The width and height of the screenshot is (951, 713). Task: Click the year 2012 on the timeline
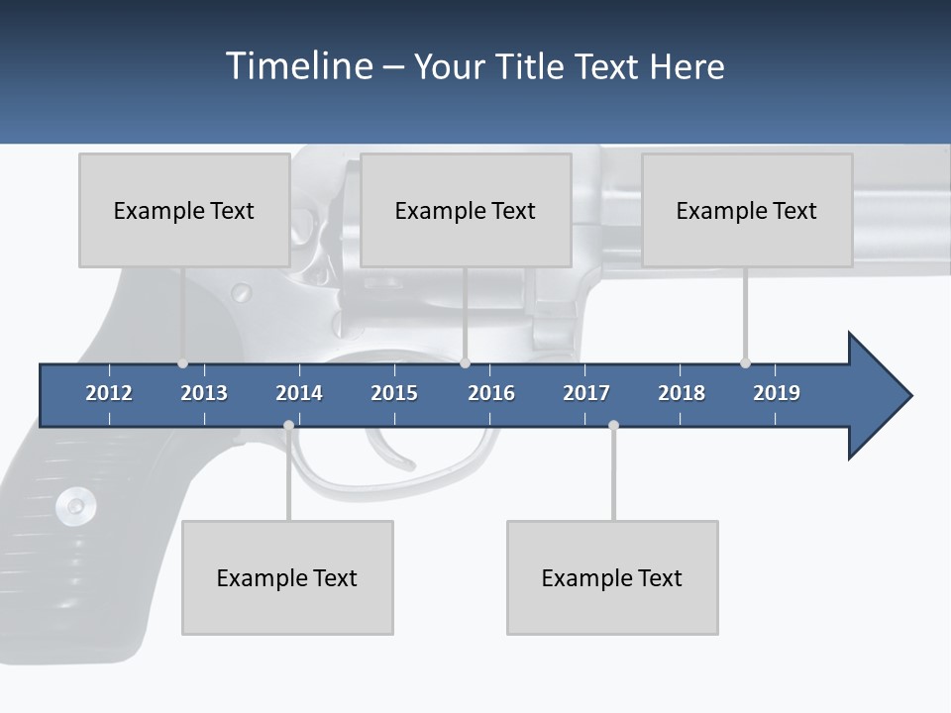coord(109,393)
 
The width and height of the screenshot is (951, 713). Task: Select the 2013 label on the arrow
coord(204,393)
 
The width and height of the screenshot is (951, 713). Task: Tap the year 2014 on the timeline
coord(299,393)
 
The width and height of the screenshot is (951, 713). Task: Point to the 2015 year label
coord(394,393)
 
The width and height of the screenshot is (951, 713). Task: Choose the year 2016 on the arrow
coord(491,393)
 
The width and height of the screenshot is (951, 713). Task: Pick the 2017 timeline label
coord(586,393)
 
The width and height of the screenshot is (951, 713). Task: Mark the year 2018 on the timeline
coord(682,393)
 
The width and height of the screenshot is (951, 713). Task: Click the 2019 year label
coord(777,393)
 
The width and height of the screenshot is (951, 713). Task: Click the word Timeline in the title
coord(297,66)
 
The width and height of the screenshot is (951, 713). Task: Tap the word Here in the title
coord(687,66)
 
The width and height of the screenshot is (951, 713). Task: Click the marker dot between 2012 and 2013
coord(182,363)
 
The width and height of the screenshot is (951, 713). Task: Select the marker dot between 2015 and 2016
coord(465,363)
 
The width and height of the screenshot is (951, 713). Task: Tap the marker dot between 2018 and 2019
coord(745,363)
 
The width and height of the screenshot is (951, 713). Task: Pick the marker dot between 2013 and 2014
coord(288,426)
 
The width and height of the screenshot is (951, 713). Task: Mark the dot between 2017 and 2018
coord(613,426)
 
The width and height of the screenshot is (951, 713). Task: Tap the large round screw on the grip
coord(75,507)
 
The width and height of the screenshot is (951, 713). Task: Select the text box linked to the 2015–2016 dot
coord(466,210)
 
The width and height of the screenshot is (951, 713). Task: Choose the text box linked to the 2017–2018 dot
coord(612,577)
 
